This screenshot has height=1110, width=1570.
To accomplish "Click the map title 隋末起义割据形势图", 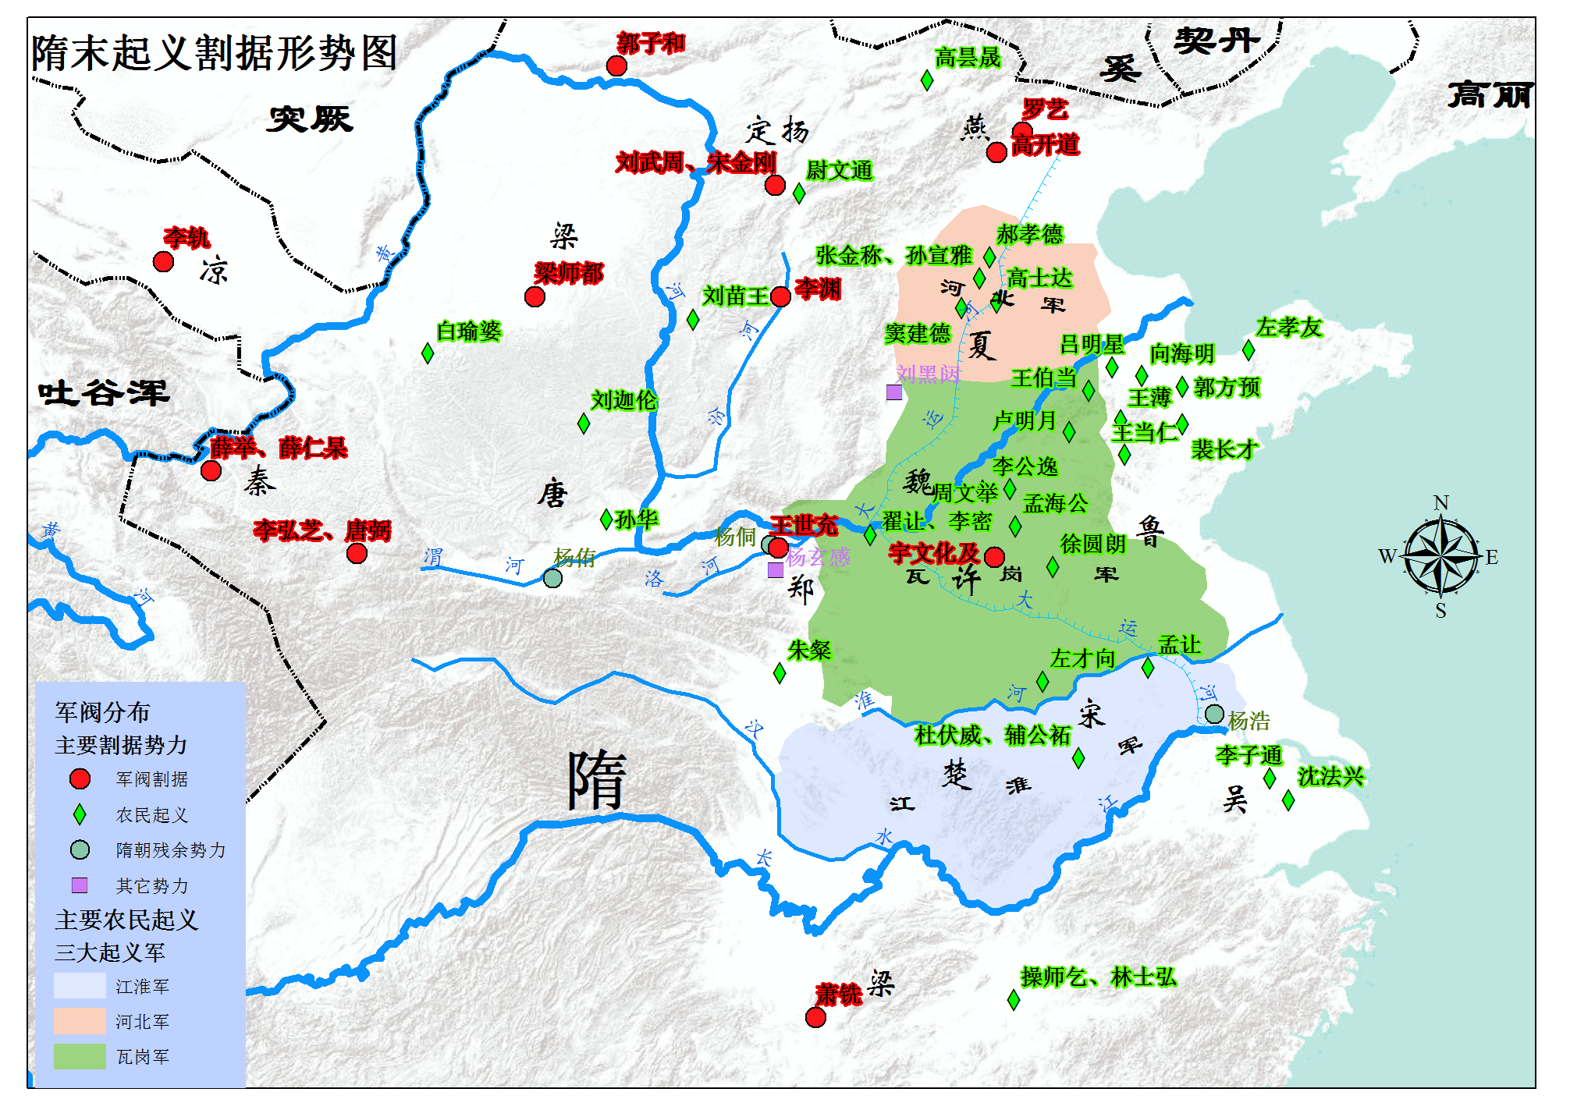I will (x=215, y=53).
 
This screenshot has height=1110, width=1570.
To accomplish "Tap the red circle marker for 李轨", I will (x=163, y=261).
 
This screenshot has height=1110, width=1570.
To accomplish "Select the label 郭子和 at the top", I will (x=651, y=43).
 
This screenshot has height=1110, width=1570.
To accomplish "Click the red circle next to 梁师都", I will (x=535, y=296).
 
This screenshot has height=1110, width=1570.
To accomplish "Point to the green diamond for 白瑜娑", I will (x=428, y=353).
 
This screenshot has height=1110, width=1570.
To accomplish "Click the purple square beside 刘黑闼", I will (x=894, y=392).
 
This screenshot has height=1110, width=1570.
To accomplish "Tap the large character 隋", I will (x=597, y=781).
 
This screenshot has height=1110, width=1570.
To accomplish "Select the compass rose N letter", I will (x=1440, y=502).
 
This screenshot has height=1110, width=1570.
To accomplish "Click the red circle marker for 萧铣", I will (x=815, y=1017).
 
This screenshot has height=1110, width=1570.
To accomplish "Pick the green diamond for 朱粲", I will (x=780, y=672).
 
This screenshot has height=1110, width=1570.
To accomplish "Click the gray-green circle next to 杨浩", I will (x=1214, y=714).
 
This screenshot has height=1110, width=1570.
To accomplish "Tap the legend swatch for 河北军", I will (x=80, y=1020).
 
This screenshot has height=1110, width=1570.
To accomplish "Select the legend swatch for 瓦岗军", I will (x=80, y=1056).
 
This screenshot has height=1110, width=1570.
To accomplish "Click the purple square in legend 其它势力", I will (x=80, y=885).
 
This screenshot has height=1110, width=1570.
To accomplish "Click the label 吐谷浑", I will (x=103, y=392).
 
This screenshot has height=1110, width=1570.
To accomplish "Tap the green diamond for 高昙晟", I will (x=927, y=80).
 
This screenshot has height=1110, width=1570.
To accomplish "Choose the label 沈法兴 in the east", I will (x=1330, y=776).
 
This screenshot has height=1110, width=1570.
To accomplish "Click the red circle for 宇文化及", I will (x=994, y=557).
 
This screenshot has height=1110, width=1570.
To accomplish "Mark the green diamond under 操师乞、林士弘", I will (x=1014, y=999).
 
